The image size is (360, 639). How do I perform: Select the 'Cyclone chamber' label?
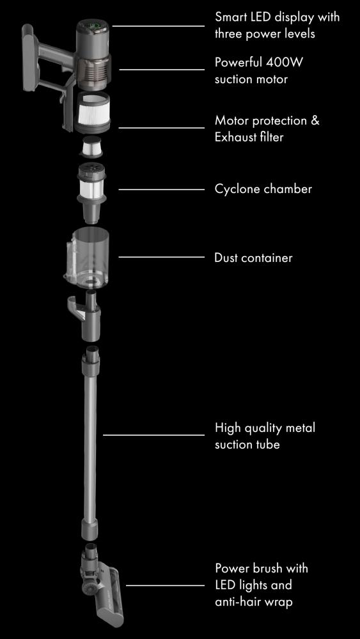coord(263,189)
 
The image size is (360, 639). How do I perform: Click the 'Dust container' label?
coord(254,258)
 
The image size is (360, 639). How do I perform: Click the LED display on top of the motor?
coord(93,27)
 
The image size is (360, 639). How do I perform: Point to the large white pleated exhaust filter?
coord(93,111)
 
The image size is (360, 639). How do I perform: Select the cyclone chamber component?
coord(91,193)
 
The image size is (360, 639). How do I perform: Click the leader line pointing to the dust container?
coord(161,257)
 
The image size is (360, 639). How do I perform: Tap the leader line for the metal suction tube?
coord(153,435)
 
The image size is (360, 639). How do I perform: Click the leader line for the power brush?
coord(166,585)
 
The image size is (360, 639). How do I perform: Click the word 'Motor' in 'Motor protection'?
coord(231,121)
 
